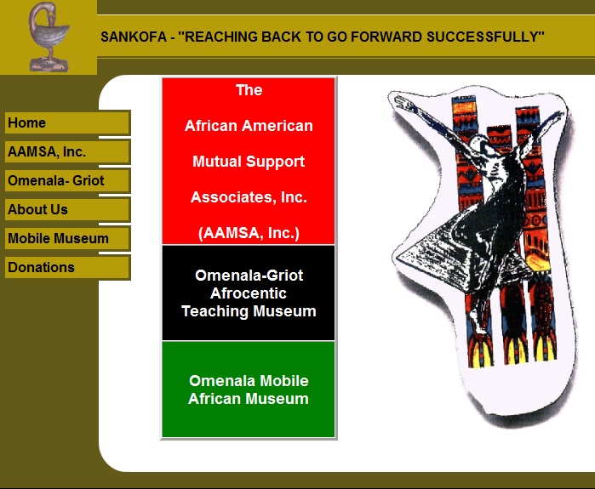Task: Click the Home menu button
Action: [x=67, y=122]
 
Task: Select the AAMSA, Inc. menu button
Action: [x=67, y=151]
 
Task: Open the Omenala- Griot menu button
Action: [x=67, y=180]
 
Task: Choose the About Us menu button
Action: [x=67, y=209]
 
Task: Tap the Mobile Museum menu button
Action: [x=67, y=238]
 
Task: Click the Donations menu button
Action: [x=67, y=267]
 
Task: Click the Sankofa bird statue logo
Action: [x=49, y=37]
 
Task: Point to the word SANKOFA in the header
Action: [x=134, y=37]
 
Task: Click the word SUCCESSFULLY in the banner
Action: [x=485, y=37]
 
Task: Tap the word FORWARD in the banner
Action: [x=386, y=37]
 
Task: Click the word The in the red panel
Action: [x=249, y=90]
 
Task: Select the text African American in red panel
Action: [x=249, y=126]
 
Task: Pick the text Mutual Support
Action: [x=249, y=162]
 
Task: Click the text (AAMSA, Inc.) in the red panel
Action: [x=249, y=233]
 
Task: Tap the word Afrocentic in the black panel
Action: [x=249, y=293]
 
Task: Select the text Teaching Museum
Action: [x=249, y=311]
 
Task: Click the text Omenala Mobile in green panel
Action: [x=249, y=381]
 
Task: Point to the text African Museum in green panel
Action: [x=249, y=399]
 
